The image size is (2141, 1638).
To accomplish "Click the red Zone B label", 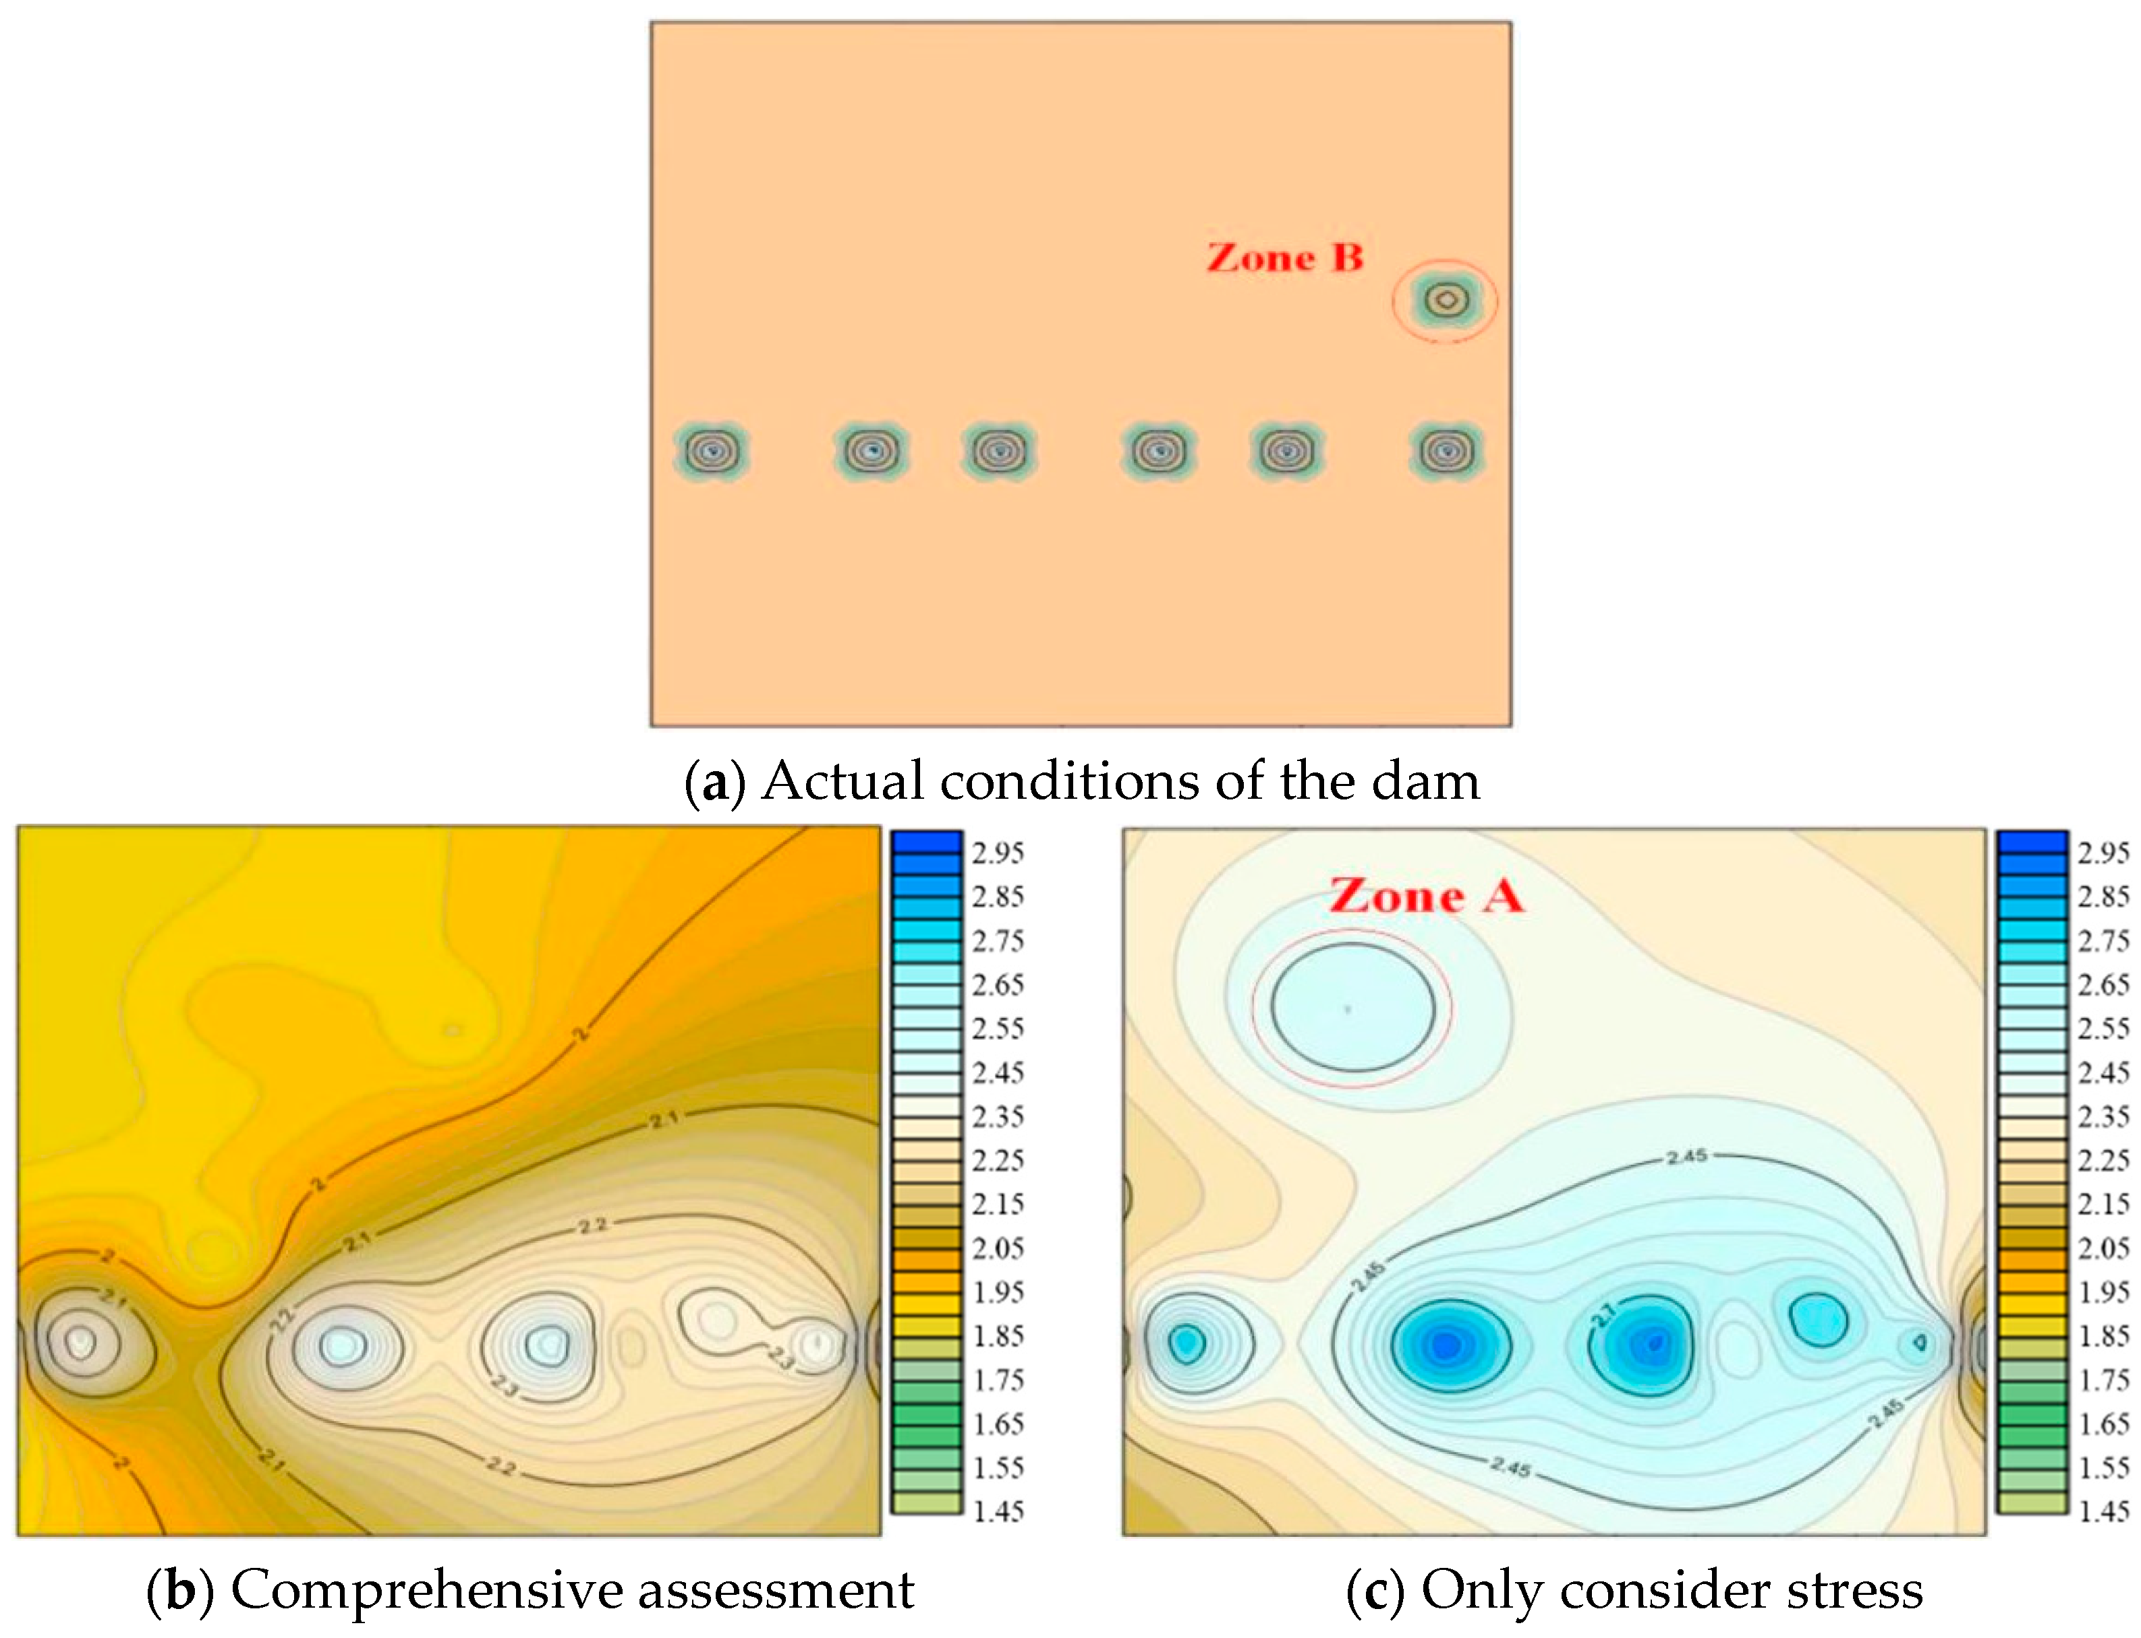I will pos(1284,257).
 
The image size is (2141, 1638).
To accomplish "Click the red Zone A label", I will pos(1425,896).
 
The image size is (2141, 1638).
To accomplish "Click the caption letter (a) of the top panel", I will pos(715,782).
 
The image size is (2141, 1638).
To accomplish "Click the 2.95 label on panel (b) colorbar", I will pos(997,853).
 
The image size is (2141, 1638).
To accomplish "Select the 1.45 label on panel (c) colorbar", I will pos(2103,1511).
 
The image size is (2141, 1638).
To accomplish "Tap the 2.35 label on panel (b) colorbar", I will pos(997,1116).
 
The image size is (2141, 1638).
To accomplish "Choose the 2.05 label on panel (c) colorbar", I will pos(2103,1248).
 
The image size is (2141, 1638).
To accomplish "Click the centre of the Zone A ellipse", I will pos(1352,1008).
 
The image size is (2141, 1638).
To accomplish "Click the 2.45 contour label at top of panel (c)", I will pos(1686,1156).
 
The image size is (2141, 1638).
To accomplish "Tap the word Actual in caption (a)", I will pos(842,782).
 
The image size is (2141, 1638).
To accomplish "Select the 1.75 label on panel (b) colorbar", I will pos(997,1380).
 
